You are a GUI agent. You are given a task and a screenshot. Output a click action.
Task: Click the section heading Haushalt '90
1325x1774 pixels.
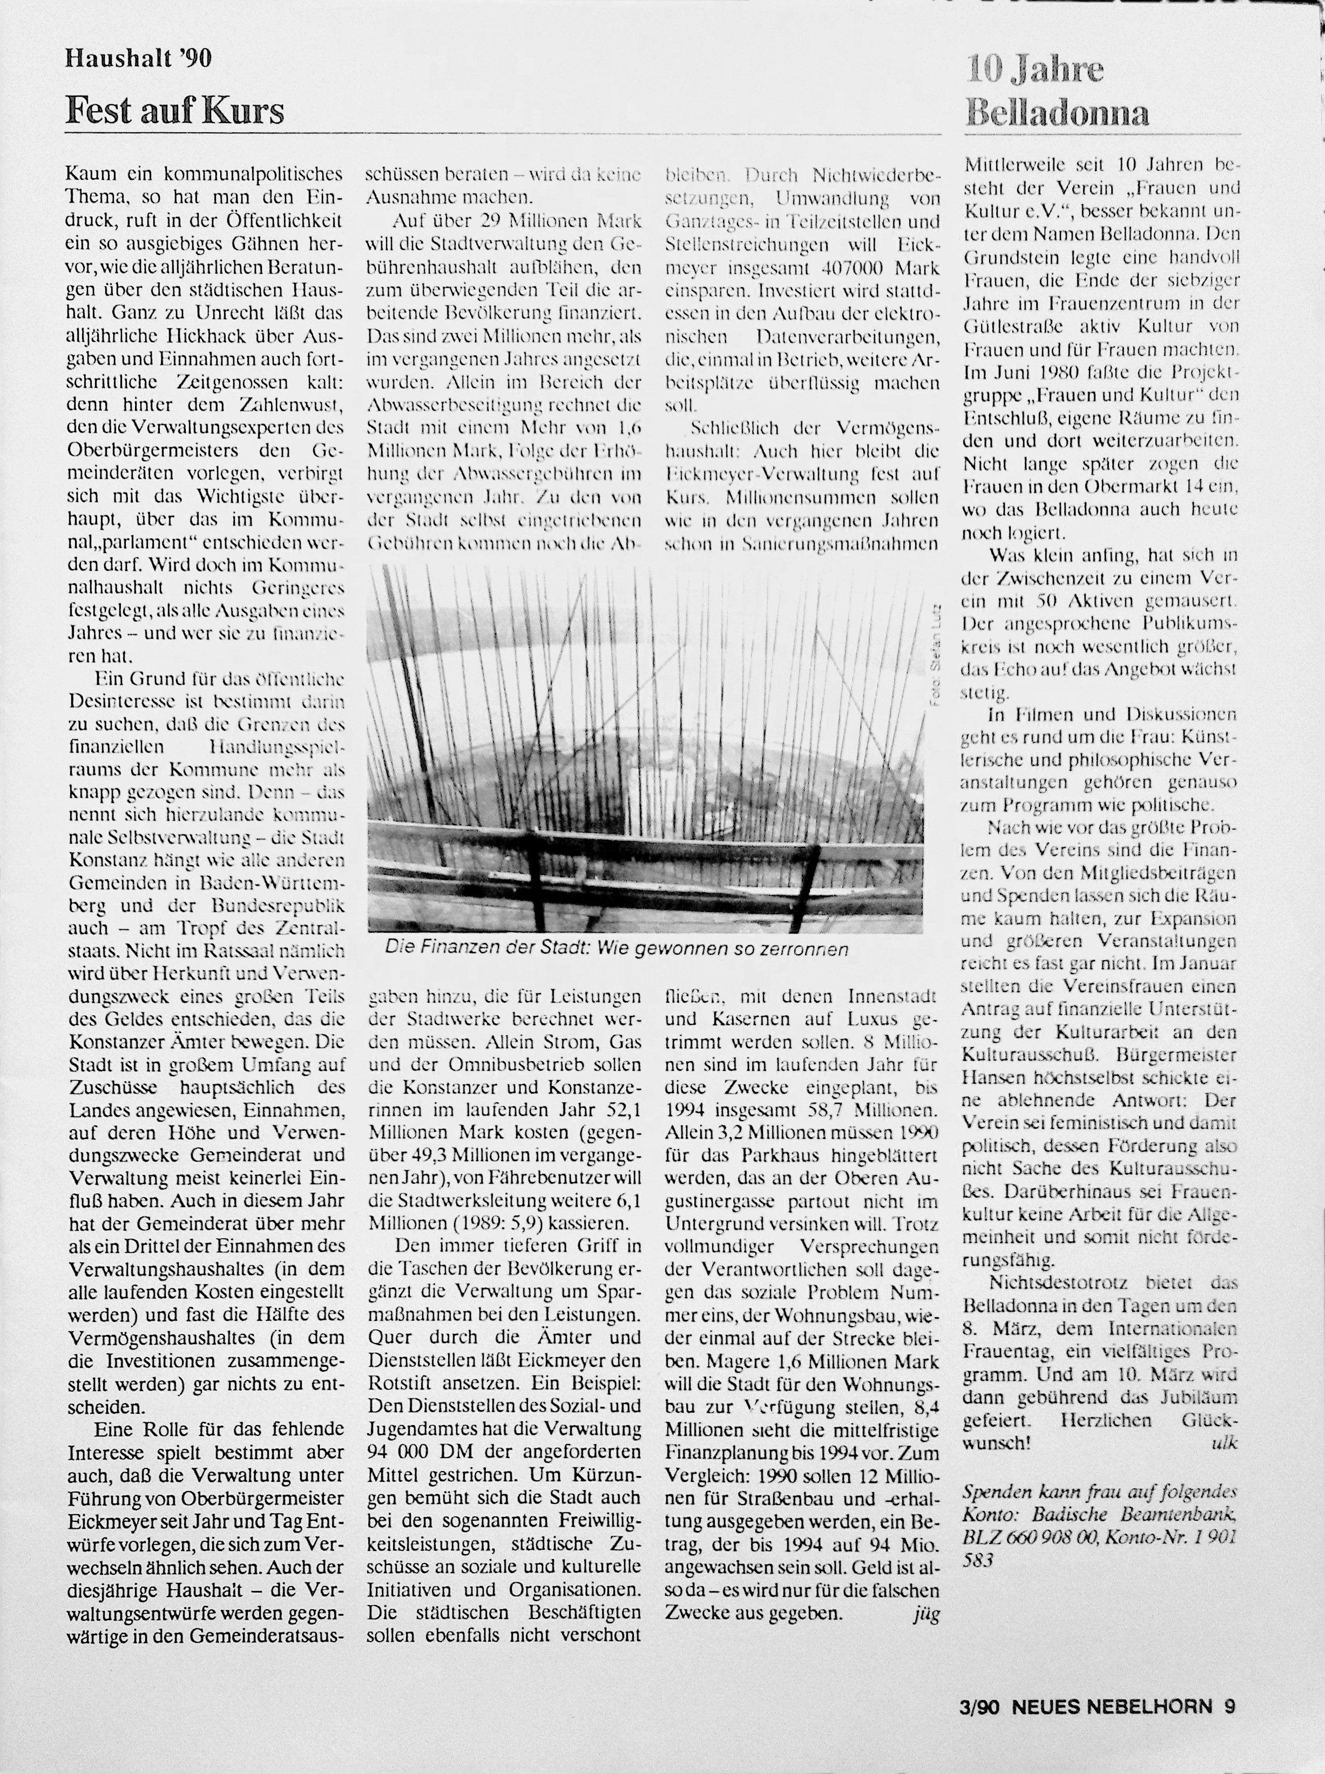(139, 58)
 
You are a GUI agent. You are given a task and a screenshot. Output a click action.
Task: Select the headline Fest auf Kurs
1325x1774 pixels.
(175, 110)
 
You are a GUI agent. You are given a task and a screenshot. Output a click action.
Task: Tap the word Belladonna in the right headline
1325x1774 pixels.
(1057, 113)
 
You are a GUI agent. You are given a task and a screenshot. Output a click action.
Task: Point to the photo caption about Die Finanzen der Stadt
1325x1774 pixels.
(616, 949)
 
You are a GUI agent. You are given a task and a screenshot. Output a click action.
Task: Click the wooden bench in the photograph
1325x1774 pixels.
(641, 850)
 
